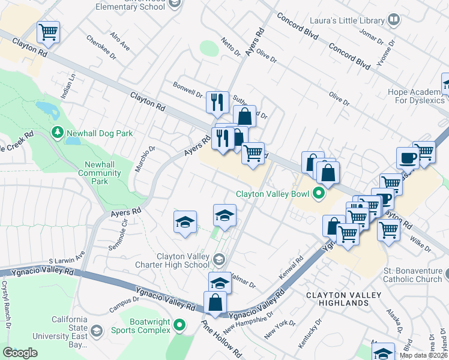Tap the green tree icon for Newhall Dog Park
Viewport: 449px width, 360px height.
[x=58, y=131]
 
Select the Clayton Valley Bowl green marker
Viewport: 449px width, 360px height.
[x=319, y=194]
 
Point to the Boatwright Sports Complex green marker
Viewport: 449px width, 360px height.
[x=179, y=326]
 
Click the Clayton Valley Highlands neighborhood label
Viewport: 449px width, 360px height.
[x=337, y=299]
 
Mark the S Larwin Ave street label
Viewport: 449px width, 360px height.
[x=67, y=261]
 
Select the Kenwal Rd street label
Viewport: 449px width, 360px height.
[x=289, y=269]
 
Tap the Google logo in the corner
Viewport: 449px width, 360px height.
[x=20, y=353]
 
